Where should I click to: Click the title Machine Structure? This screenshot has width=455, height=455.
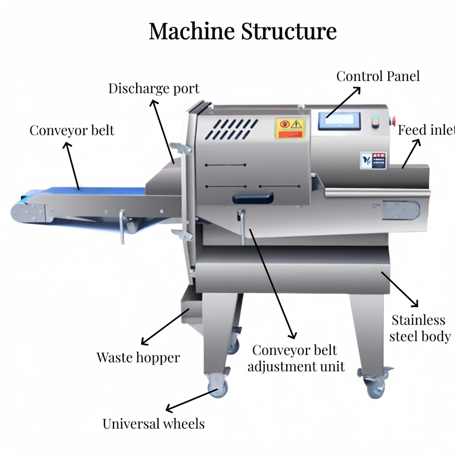pos(243,31)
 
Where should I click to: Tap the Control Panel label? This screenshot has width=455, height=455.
pos(378,76)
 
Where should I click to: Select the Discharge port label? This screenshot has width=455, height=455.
pos(154,89)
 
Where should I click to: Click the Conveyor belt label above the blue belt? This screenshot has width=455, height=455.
pos(72,130)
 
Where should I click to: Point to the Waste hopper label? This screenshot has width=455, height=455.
pos(138,357)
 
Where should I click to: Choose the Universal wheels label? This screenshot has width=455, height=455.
pos(154,423)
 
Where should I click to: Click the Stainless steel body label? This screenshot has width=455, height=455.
pos(419,328)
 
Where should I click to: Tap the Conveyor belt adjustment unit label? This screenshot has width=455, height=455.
pos(296,358)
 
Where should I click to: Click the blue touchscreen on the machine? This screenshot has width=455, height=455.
pos(339,122)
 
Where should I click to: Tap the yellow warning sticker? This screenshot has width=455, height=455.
pos(290,128)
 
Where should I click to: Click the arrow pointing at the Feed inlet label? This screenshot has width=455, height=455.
pos(411,154)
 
